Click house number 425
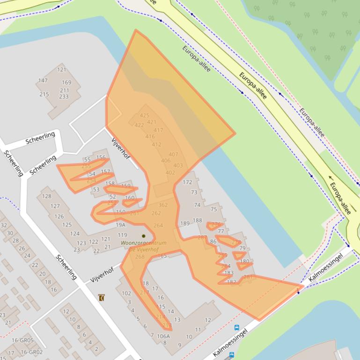(x=144, y=115)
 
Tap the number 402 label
(x=170, y=173)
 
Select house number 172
(x=187, y=182)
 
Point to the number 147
(x=43, y=80)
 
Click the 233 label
(x=63, y=97)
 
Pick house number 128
(x=46, y=196)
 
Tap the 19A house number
(x=121, y=225)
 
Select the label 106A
(x=163, y=336)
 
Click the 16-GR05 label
(x=23, y=340)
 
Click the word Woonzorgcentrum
(x=143, y=243)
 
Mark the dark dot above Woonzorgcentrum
(x=144, y=236)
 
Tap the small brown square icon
(x=102, y=297)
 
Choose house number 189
(x=185, y=223)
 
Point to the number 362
(x=163, y=205)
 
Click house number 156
(x=101, y=158)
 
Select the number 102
(x=126, y=293)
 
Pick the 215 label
(x=44, y=94)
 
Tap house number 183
(x=229, y=273)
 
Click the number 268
(x=140, y=257)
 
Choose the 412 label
(x=156, y=144)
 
